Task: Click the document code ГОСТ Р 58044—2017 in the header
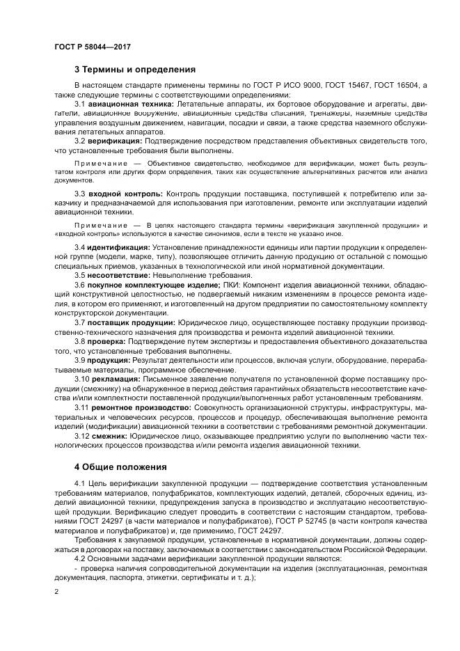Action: [x=92, y=46]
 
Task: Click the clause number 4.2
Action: [x=79, y=558]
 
